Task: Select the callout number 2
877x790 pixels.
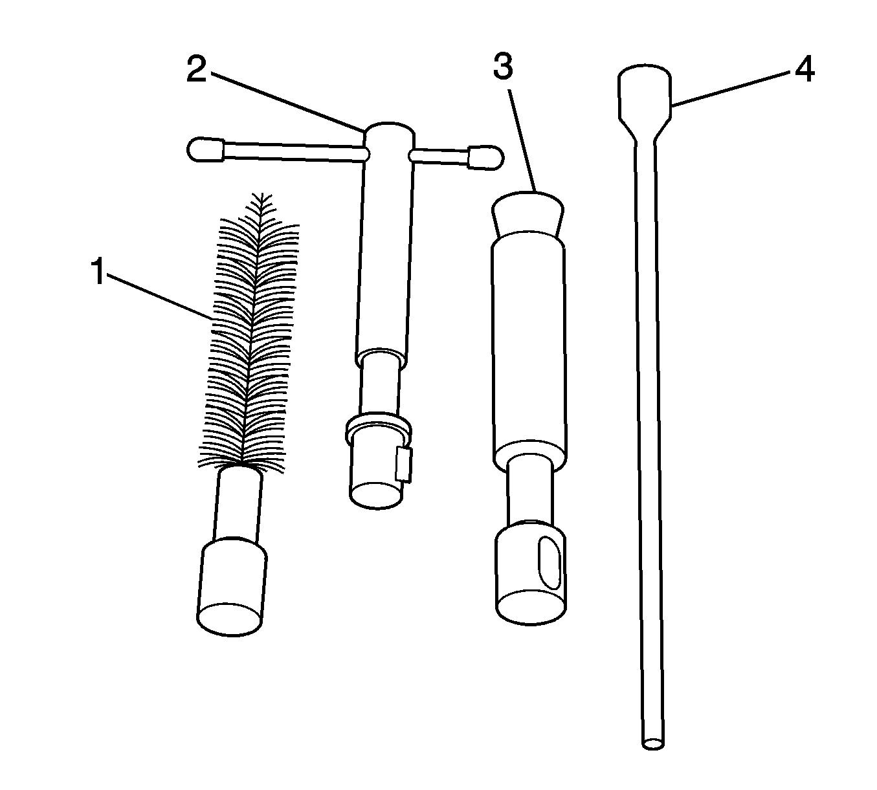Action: [197, 69]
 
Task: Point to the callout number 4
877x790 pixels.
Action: [805, 69]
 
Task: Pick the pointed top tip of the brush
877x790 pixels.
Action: [262, 193]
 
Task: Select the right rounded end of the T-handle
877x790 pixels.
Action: [486, 158]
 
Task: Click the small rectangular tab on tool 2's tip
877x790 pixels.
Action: [403, 465]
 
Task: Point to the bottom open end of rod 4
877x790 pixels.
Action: [654, 743]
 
